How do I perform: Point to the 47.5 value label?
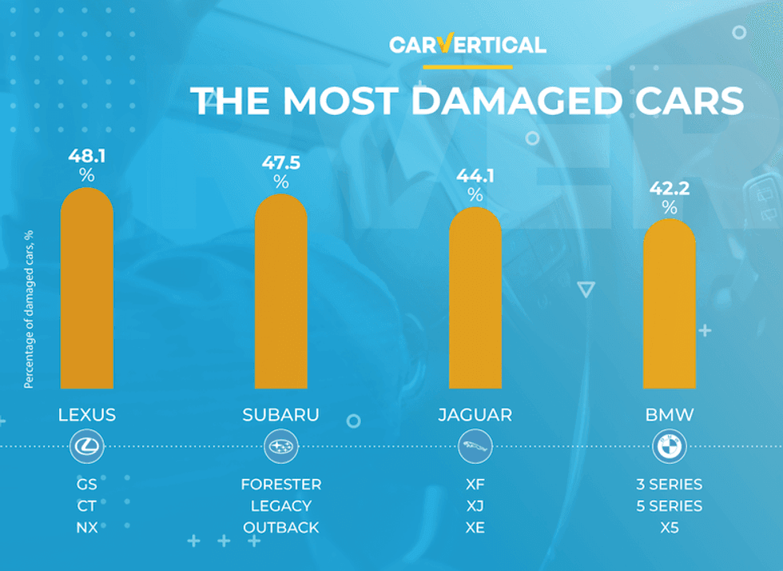click(x=280, y=163)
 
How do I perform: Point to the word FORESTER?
click(x=280, y=485)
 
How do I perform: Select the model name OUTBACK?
click(x=280, y=528)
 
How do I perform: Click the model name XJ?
click(x=475, y=506)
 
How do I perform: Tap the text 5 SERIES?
click(x=670, y=506)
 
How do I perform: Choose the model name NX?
click(x=87, y=528)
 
